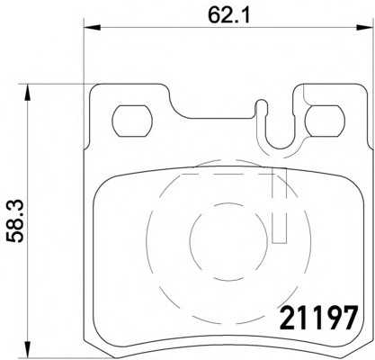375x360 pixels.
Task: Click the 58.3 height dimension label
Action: click(x=15, y=221)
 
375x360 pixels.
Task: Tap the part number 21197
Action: click(x=318, y=318)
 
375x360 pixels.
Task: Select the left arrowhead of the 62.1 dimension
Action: click(x=92, y=28)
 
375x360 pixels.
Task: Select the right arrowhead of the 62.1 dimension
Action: click(x=363, y=28)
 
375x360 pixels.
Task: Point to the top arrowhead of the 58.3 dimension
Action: click(x=27, y=93)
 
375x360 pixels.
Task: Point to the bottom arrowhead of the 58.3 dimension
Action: click(x=27, y=349)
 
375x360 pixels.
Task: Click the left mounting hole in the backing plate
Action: click(x=132, y=121)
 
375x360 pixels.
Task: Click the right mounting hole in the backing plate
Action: click(x=325, y=121)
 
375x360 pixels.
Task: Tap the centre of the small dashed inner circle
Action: click(x=228, y=241)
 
